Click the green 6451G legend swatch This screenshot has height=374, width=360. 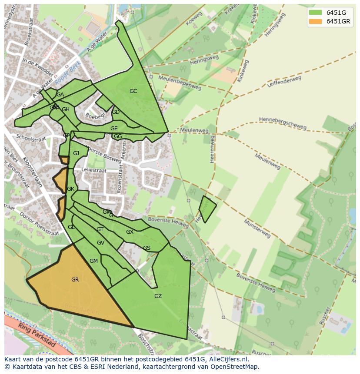[315, 13]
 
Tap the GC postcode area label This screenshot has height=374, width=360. [133, 91]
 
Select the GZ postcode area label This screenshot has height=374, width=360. [158, 296]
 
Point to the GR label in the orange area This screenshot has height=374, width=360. [75, 280]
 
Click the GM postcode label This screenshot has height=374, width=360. [93, 261]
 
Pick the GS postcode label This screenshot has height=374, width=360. [147, 248]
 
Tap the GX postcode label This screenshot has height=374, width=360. [130, 232]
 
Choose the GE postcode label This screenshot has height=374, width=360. [114, 129]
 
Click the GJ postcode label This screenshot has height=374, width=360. [76, 153]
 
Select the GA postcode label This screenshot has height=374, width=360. [60, 95]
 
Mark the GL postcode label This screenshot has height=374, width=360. [71, 227]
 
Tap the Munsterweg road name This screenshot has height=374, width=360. [257, 228]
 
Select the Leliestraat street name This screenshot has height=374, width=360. [94, 171]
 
